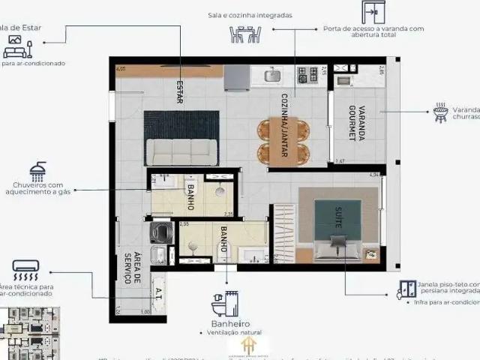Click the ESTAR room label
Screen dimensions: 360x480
click(x=180, y=91)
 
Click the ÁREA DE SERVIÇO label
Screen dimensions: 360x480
click(x=132, y=268)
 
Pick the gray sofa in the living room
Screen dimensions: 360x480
click(x=181, y=151)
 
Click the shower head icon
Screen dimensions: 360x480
click(x=37, y=169)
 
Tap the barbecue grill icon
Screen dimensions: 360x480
click(x=440, y=114)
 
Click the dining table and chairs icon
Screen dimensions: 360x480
click(x=245, y=34)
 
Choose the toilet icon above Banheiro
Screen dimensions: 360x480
click(x=226, y=302)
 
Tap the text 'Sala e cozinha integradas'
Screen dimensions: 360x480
click(x=250, y=15)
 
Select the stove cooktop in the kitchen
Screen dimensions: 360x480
click(x=307, y=74)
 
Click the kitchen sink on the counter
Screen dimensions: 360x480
click(x=271, y=75)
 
